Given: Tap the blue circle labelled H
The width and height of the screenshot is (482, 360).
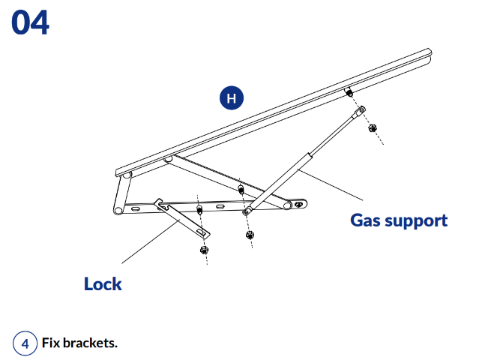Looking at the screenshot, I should [x=232, y=97].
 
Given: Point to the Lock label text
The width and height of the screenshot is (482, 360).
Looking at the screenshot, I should [x=103, y=284].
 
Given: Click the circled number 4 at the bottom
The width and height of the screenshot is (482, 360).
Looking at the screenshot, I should [x=25, y=343].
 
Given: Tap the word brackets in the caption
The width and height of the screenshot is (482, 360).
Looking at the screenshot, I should [x=91, y=343].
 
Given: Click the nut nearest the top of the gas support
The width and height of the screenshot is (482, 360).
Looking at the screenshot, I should [x=373, y=127].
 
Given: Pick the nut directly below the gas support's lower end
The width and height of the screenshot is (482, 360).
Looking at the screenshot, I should [x=250, y=235].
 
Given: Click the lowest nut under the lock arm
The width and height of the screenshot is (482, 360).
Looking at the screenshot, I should [x=204, y=249].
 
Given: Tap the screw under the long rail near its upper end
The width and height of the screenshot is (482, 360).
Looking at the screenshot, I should [x=349, y=92].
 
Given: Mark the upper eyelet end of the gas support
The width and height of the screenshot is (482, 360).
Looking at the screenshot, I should [x=361, y=110].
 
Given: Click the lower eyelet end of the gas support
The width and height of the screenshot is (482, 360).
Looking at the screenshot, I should [x=247, y=211].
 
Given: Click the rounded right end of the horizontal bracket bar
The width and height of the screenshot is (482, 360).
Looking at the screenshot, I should [x=301, y=204].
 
